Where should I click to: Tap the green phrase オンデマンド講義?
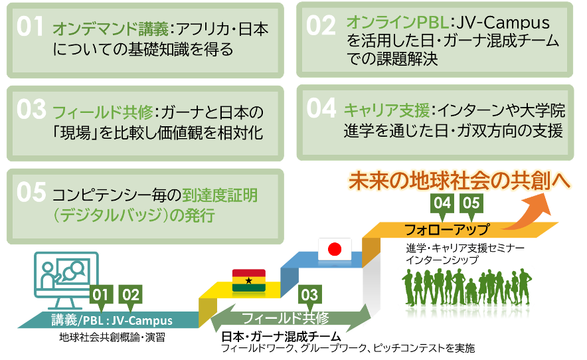point(110,29)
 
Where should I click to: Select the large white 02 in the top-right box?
point(321,25)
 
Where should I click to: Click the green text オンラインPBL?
point(397,23)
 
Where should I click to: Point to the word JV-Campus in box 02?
point(503,23)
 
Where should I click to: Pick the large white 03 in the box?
point(31,110)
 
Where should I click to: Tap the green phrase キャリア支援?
point(386,110)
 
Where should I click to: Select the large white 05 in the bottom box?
point(31,192)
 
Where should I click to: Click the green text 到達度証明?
point(220,195)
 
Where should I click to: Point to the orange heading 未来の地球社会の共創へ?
point(460,181)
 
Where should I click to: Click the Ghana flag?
point(249,280)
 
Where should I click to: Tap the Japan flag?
point(335,249)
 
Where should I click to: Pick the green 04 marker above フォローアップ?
point(442,205)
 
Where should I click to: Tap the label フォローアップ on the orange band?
point(448,229)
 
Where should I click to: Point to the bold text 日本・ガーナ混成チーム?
point(281,336)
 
